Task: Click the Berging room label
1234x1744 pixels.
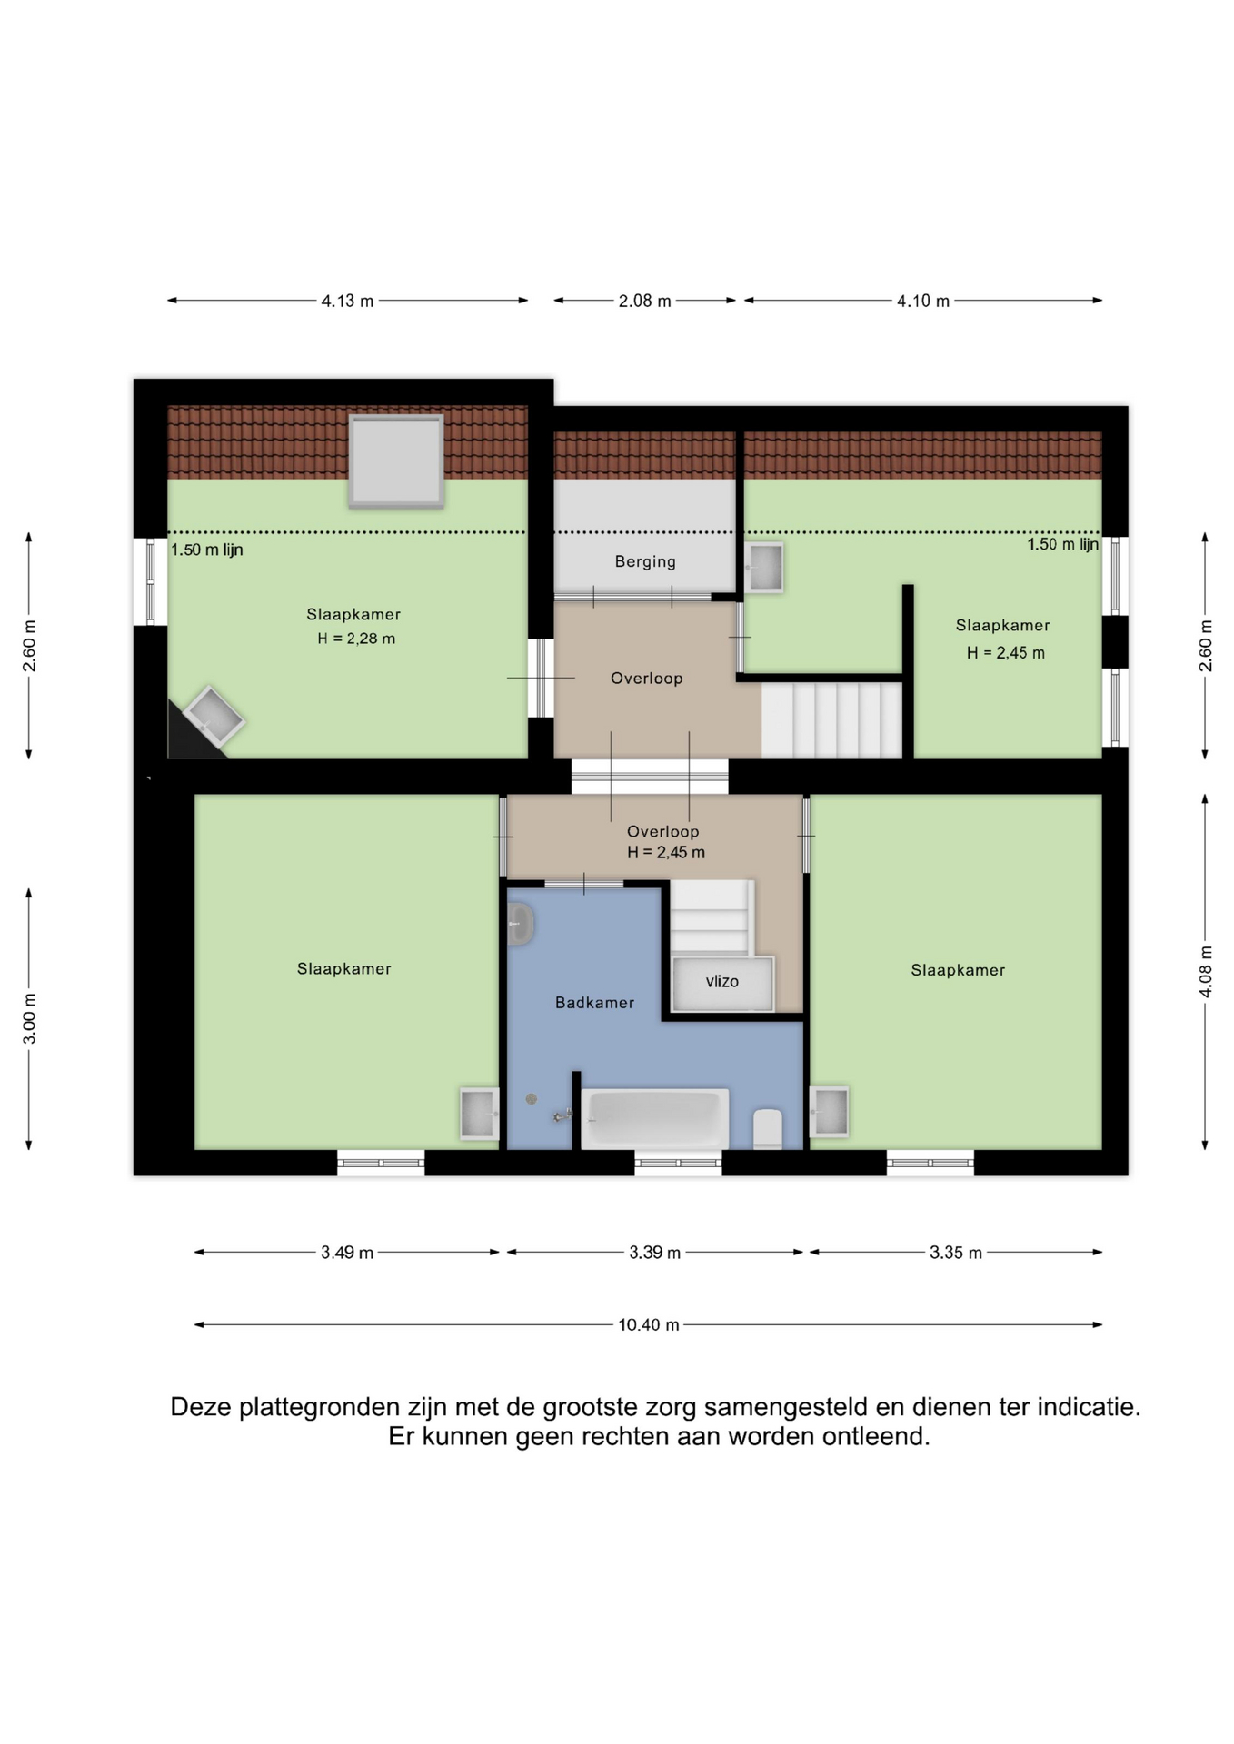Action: pyautogui.click(x=645, y=561)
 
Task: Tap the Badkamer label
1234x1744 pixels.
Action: pyautogui.click(x=594, y=1002)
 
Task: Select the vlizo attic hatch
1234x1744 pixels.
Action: pyautogui.click(x=722, y=983)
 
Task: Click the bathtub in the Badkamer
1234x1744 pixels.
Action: pyautogui.click(x=655, y=1118)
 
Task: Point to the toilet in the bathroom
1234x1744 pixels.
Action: pyautogui.click(x=768, y=1128)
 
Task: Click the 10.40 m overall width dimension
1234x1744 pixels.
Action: pyautogui.click(x=649, y=1324)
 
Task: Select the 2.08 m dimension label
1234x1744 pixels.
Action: pyautogui.click(x=645, y=301)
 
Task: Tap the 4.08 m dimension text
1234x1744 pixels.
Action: pyautogui.click(x=1206, y=971)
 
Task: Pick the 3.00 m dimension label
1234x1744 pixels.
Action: pyautogui.click(x=29, y=1018)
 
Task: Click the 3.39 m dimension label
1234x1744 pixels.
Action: pyautogui.click(x=654, y=1253)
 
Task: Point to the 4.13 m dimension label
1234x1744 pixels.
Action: pyautogui.click(x=347, y=301)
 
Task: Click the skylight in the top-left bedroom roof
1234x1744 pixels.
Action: pyautogui.click(x=396, y=461)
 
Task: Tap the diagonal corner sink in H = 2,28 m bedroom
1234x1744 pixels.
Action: pyautogui.click(x=213, y=717)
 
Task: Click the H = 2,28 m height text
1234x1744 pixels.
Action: pyautogui.click(x=356, y=639)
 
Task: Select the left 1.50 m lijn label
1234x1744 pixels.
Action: pyautogui.click(x=207, y=550)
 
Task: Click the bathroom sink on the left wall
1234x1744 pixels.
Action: pyautogui.click(x=520, y=924)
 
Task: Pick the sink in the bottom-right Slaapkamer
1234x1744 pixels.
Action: pyautogui.click(x=829, y=1111)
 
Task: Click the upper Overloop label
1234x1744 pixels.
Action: pyautogui.click(x=646, y=678)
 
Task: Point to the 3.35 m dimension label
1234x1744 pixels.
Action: pyautogui.click(x=955, y=1253)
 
